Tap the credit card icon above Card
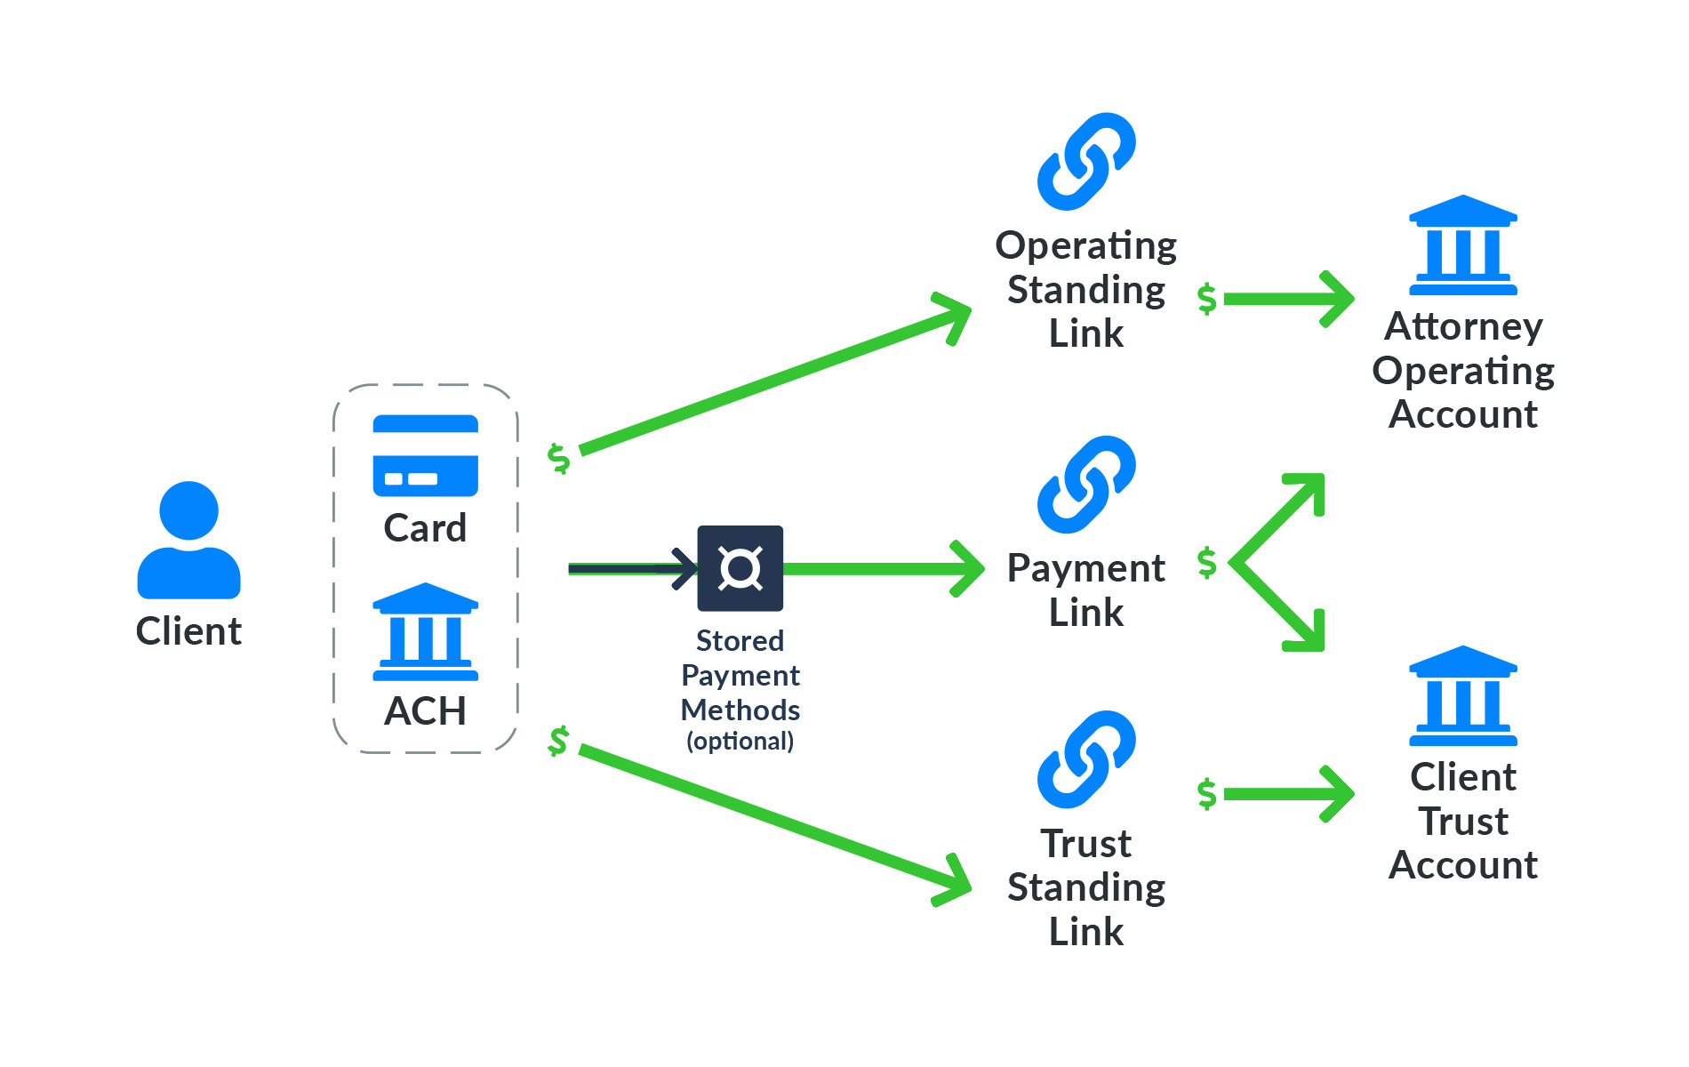click(x=425, y=455)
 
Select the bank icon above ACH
click(x=425, y=632)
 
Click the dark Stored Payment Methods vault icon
click(x=740, y=568)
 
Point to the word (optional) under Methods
click(x=740, y=741)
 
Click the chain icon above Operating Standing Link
click(x=1085, y=162)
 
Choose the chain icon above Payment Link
click(x=1085, y=485)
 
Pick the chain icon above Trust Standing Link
click(x=1085, y=759)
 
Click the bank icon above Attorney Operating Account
click(x=1462, y=245)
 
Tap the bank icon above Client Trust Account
click(x=1462, y=696)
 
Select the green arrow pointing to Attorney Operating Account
click(x=1289, y=299)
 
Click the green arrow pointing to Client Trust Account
click(x=1289, y=794)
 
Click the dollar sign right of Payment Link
click(x=1206, y=563)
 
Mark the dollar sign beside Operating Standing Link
click(x=1206, y=299)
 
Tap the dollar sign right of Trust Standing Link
click(x=1206, y=794)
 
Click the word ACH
click(x=425, y=711)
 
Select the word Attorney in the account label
click(x=1462, y=326)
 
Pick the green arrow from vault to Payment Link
click(x=880, y=568)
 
